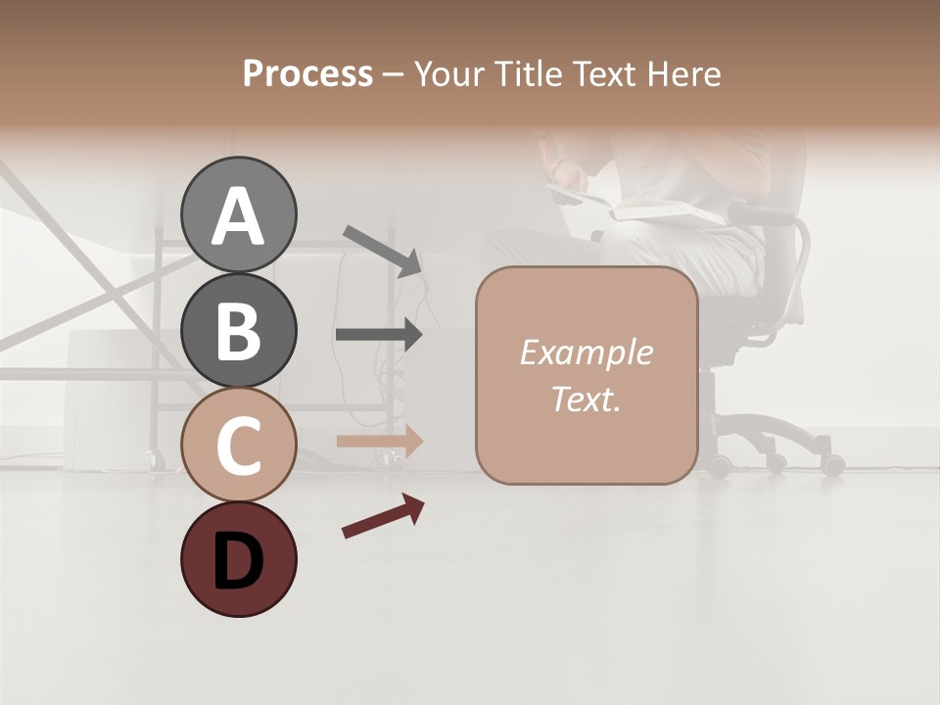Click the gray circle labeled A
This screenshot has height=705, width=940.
coord(239,214)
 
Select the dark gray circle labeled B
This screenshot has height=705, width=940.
coord(239,330)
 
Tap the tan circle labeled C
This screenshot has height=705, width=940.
coord(239,445)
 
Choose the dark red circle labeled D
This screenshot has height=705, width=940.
coord(239,559)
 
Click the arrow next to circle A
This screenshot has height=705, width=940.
coord(382,249)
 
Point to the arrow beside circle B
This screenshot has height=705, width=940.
coord(380,335)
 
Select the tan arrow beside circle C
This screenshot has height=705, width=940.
coord(380,441)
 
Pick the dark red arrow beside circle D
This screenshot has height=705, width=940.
coord(383,516)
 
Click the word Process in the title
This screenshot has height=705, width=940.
coord(307,73)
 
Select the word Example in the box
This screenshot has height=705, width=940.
coord(586,352)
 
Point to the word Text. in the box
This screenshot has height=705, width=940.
coord(586,399)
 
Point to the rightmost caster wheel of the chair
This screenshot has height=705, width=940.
coord(833,465)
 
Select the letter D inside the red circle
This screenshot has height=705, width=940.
coord(239,563)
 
